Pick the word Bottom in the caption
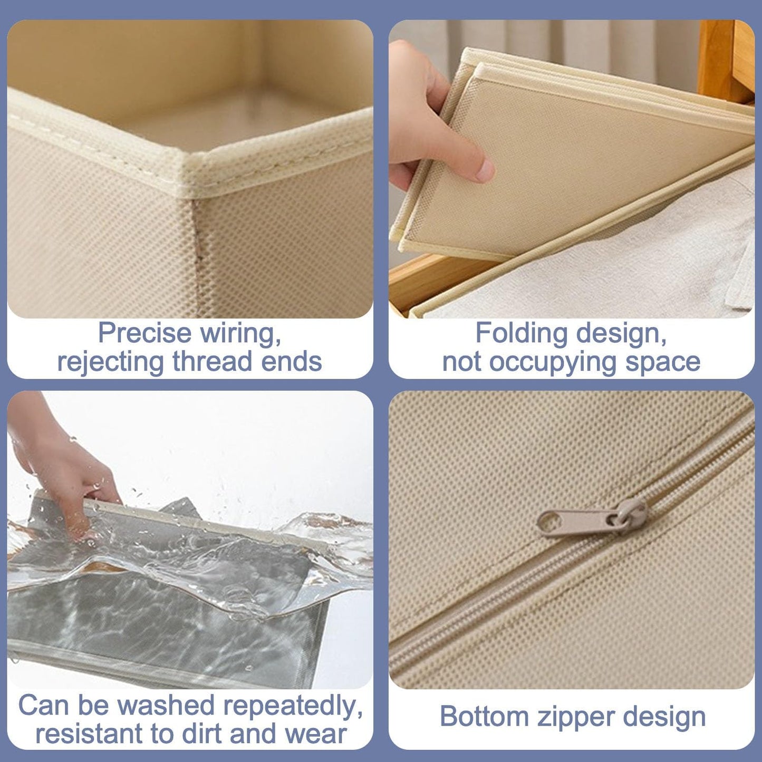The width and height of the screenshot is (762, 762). tap(484, 717)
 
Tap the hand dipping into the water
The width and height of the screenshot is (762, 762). tap(69, 475)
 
